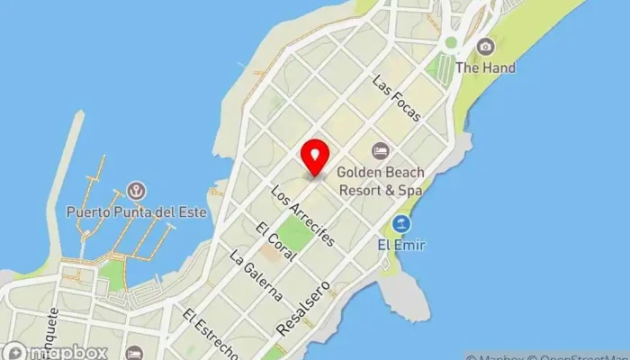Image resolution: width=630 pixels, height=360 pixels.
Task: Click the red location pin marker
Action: pyautogui.click(x=315, y=158)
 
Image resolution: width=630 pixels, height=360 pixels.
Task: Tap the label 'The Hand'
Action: pyautogui.click(x=485, y=67)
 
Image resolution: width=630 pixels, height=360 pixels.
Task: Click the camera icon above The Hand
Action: pyautogui.click(x=486, y=47)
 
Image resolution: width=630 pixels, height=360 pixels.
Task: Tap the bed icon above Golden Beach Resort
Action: pyautogui.click(x=380, y=148)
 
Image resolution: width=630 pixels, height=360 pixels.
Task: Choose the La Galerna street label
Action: pyautogui.click(x=256, y=276)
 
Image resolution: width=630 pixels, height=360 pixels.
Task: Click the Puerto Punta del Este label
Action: pyautogui.click(x=137, y=212)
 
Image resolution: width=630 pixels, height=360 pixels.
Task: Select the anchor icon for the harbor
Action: pyautogui.click(x=137, y=191)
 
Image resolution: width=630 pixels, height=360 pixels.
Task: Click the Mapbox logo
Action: pyautogui.click(x=56, y=352)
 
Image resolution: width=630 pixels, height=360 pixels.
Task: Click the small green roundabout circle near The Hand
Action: pyautogui.click(x=451, y=42)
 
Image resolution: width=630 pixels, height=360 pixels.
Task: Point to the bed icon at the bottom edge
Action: pyautogui.click(x=134, y=353)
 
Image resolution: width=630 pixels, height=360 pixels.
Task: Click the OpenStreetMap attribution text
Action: pyautogui.click(x=576, y=355)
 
